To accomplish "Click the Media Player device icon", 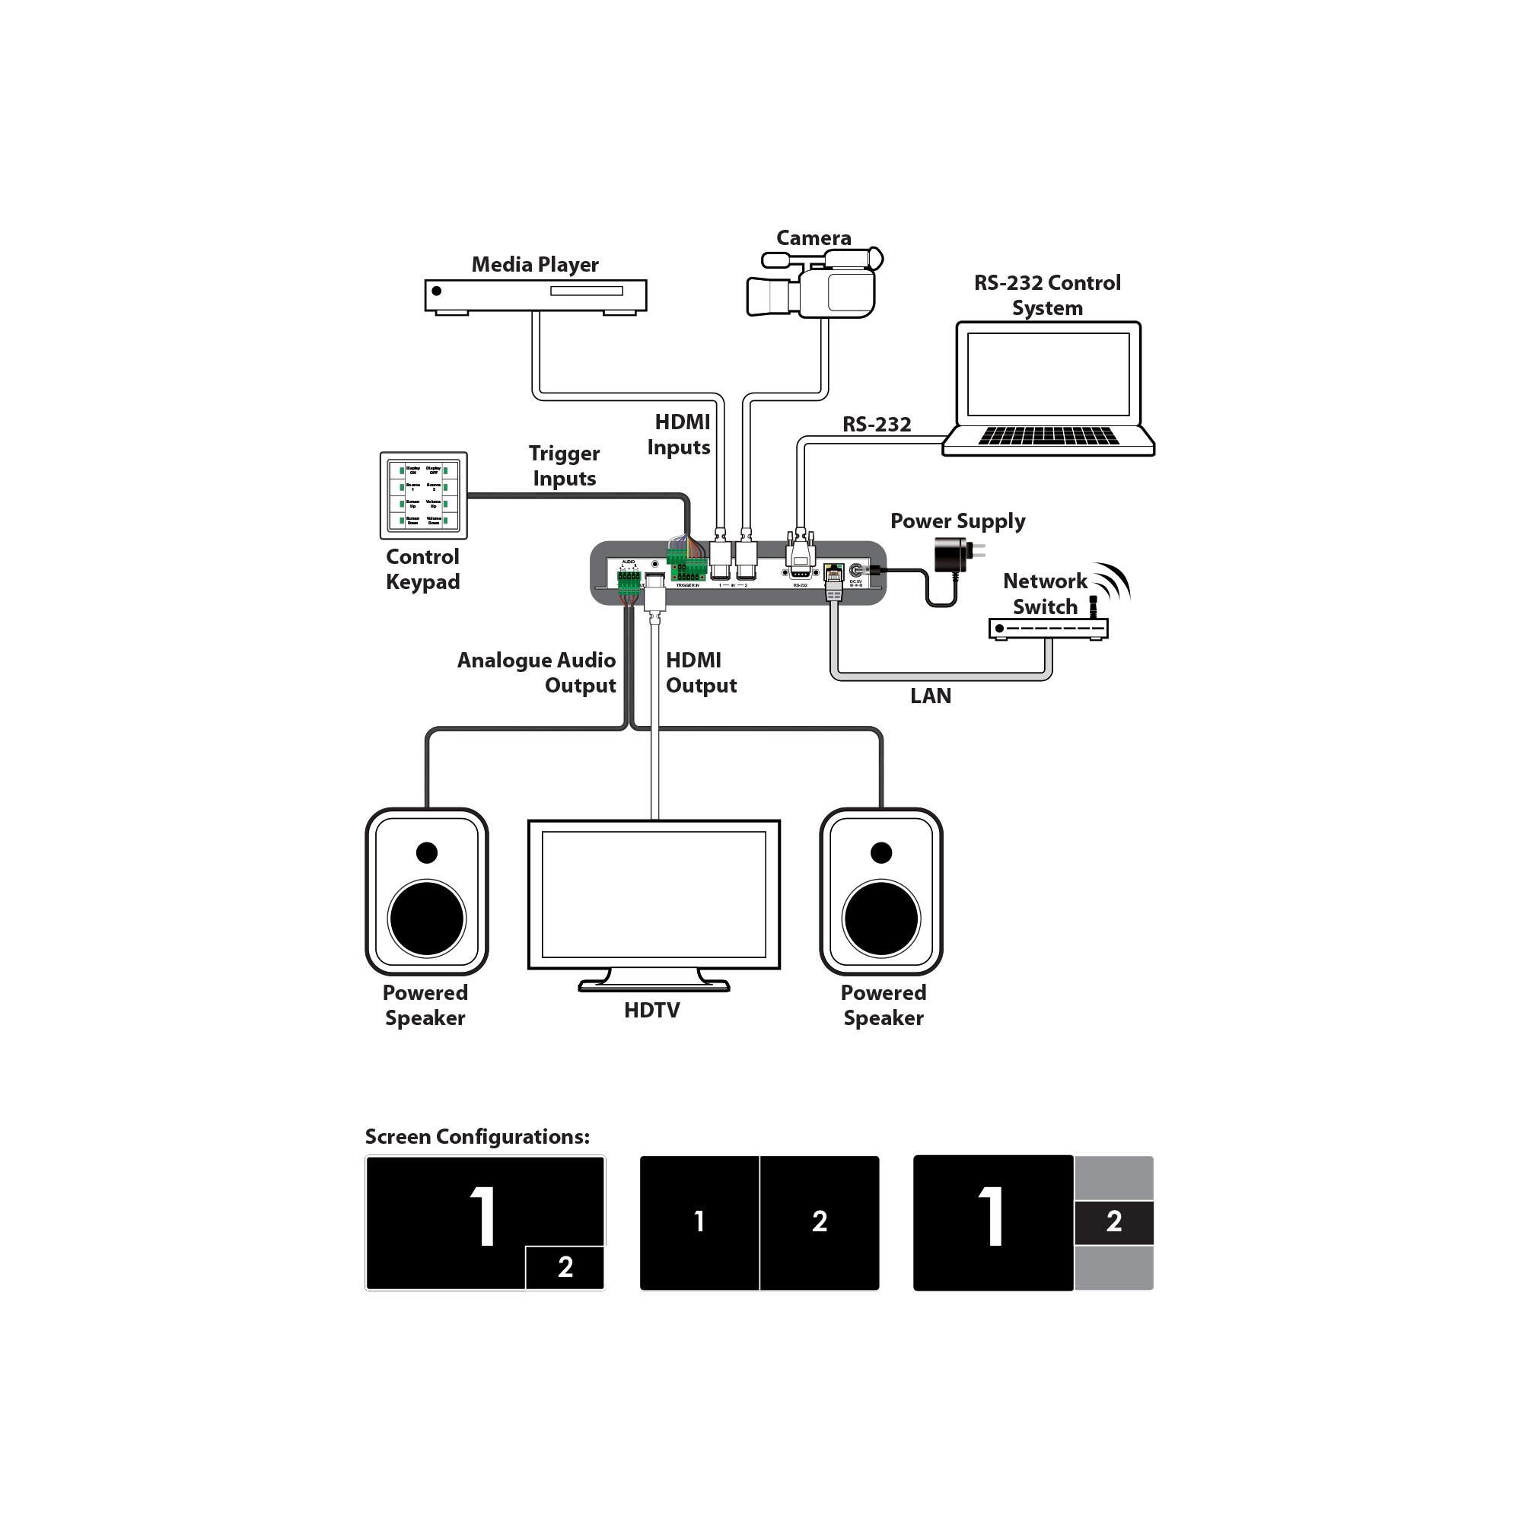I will pos(535,295).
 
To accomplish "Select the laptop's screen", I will pos(1048,374).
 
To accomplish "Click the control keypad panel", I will pos(423,495).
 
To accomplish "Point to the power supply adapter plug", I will pos(954,554).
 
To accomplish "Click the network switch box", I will pos(1048,628).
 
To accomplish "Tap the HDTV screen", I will pos(653,893).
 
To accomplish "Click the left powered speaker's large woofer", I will pos(426,918).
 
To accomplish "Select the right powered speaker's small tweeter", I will pos(880,852).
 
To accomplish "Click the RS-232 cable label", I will pos(876,425).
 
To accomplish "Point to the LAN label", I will pos(931,696).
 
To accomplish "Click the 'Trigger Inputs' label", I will pos(564,466).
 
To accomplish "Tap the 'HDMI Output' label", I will pos(700,672).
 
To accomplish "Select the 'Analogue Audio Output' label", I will pos(537,672).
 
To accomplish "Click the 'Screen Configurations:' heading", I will pos(476,1136).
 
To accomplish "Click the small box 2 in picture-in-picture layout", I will pos(564,1267).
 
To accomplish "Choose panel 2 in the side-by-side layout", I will pos(820,1222).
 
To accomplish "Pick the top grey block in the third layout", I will pos(1113,1178).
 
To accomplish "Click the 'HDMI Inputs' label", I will pos(679,434).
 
